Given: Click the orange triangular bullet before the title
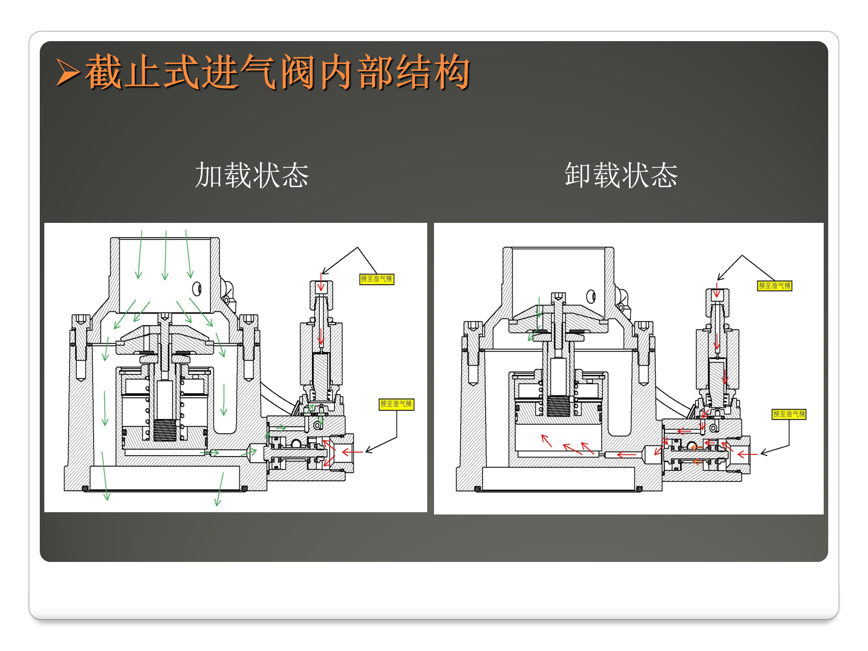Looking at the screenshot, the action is [68, 72].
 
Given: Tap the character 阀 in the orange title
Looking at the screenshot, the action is [297, 72].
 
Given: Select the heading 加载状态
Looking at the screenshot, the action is [252, 175].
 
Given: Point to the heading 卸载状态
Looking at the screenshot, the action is [621, 175].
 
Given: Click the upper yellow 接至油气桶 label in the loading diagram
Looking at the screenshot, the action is [377, 279].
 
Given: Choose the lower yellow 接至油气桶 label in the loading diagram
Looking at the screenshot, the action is [396, 404].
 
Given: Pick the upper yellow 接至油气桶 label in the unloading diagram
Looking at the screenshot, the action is [774, 286].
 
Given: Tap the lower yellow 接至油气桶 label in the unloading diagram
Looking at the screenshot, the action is [789, 414].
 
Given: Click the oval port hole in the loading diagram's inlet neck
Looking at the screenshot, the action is [197, 288].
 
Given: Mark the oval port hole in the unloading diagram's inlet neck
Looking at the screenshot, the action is [590, 297].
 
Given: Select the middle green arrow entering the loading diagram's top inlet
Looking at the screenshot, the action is [165, 255].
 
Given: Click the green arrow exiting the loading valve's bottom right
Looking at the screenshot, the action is [219, 490].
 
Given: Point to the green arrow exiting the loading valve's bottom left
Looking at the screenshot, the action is [105, 476].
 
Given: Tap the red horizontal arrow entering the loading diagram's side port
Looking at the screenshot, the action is [352, 452].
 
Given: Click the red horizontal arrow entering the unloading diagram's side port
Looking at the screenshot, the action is [747, 454].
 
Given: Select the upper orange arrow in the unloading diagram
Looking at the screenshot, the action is [696, 448].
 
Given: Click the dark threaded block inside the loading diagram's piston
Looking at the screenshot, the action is [165, 429].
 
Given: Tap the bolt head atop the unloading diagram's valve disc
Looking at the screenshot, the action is [558, 297].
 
